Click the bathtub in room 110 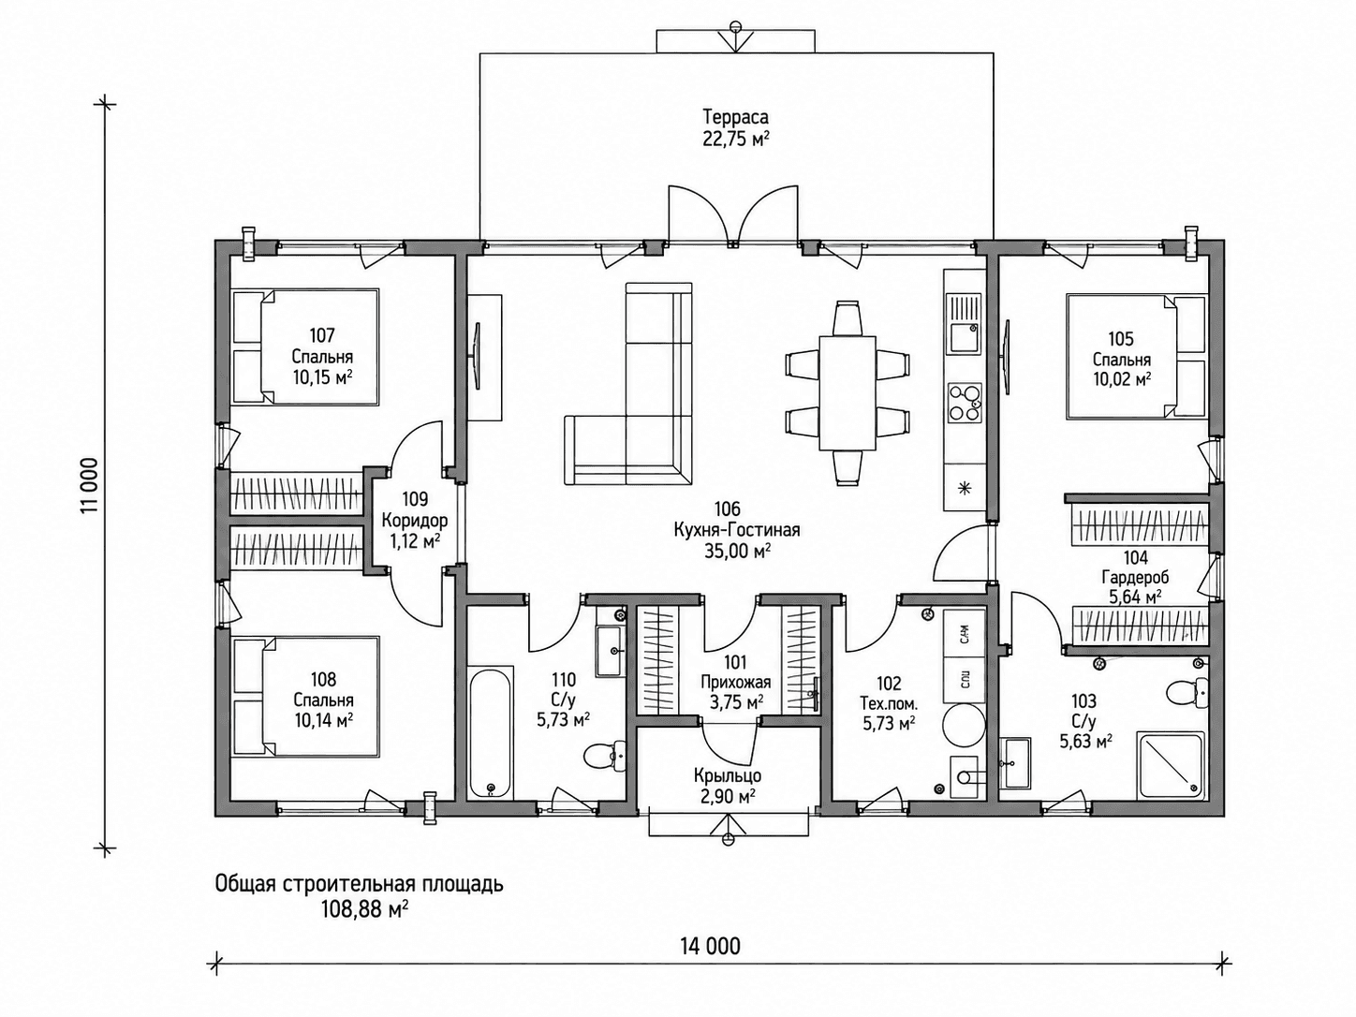[x=490, y=733]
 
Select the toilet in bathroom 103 [x=1186, y=690]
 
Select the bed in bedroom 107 [x=305, y=346]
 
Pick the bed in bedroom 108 [x=305, y=696]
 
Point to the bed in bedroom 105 [x=1135, y=357]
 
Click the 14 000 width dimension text [x=710, y=963]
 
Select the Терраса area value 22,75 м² [x=735, y=139]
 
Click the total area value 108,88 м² [x=364, y=909]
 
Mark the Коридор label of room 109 [x=415, y=520]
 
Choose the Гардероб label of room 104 [x=1135, y=577]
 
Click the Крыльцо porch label [x=727, y=775]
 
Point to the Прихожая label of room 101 [x=735, y=682]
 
